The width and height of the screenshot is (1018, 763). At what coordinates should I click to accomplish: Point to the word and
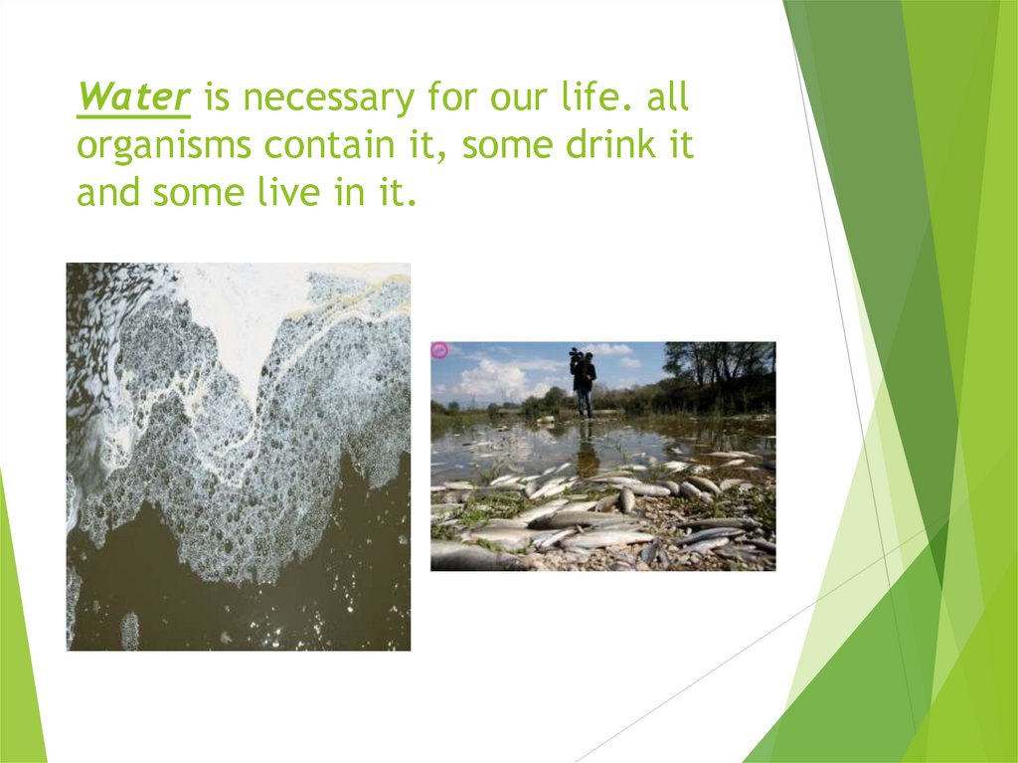pos(109,193)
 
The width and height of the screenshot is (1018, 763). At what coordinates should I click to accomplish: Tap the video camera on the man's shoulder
pos(576,352)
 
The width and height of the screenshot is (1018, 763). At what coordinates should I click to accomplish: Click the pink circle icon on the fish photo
pos(439,350)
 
